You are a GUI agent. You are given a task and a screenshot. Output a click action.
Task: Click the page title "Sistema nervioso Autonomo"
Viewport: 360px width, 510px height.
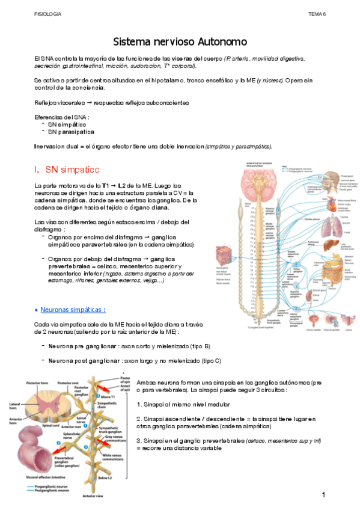tap(180, 42)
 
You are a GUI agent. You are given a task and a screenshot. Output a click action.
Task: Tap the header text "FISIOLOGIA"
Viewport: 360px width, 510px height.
tap(48, 13)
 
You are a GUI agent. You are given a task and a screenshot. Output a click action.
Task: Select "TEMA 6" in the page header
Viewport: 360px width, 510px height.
tap(317, 13)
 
